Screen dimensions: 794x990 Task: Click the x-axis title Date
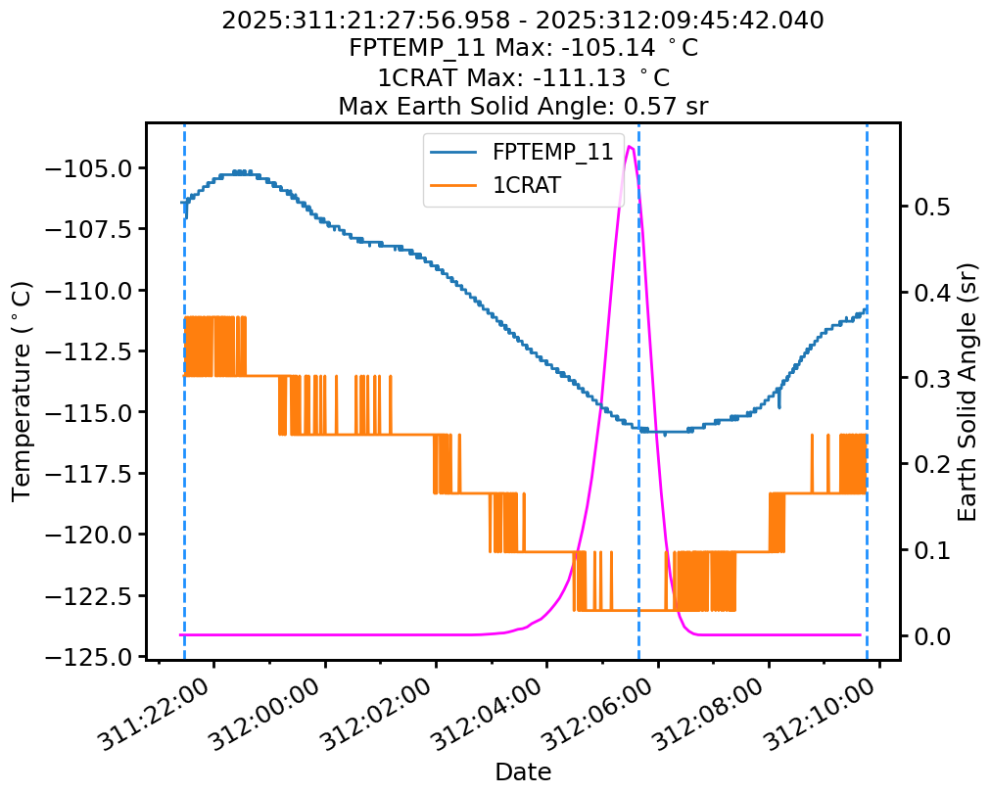[523, 771]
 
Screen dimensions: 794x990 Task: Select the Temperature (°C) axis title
[22, 391]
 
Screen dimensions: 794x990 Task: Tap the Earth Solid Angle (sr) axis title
[967, 391]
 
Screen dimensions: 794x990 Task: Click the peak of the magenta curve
[630, 147]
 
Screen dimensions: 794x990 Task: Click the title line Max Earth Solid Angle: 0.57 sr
[523, 106]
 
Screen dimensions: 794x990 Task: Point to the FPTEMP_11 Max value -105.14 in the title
[636, 48]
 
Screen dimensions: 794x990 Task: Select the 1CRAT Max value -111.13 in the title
[621, 77]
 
